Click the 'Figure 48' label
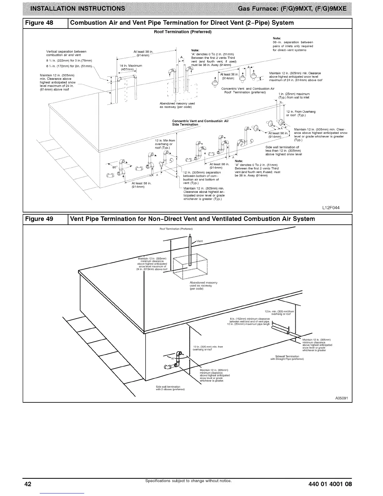pos(43,23)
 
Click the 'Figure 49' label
pos(43,219)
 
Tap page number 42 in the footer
pos(28,484)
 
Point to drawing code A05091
pos(341,398)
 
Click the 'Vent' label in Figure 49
pos(200,241)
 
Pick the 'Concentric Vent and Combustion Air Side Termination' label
pos(200,122)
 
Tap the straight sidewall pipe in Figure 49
pos(280,331)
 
